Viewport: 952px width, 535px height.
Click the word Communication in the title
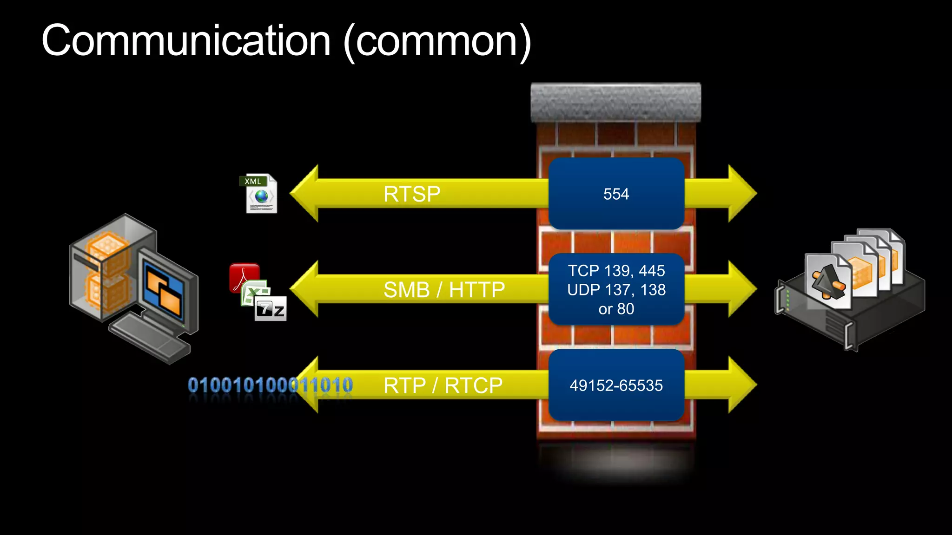tap(186, 41)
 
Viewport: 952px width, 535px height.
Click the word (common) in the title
tap(437, 42)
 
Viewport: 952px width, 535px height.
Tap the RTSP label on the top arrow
tap(412, 194)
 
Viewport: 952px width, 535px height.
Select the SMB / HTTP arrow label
tap(444, 290)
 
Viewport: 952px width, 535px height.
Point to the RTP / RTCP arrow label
tap(443, 385)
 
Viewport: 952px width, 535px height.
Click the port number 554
tap(616, 194)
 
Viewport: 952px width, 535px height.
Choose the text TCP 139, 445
tap(616, 271)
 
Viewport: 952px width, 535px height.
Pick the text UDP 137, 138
tap(616, 290)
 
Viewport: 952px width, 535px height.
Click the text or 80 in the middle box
tap(616, 309)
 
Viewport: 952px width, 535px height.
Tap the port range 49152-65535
tap(616, 385)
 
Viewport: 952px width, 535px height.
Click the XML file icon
tap(260, 194)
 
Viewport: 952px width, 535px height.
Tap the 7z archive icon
tap(271, 309)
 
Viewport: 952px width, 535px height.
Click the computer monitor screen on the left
tap(164, 290)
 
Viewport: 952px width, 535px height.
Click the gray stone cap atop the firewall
tap(616, 102)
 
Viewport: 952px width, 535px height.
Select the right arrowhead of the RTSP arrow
tap(741, 193)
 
